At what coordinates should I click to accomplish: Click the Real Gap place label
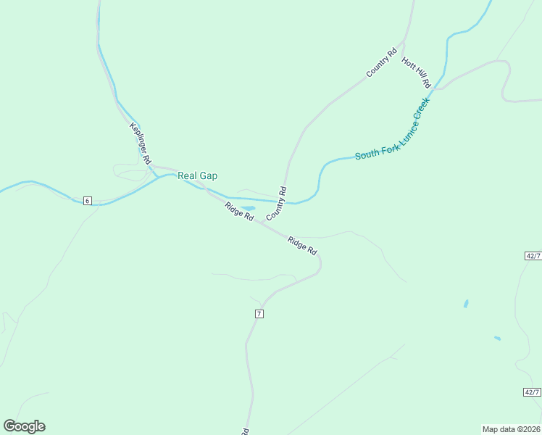click(x=198, y=175)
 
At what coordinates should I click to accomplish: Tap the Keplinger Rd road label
click(x=140, y=142)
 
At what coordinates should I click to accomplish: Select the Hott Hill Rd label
click(x=416, y=72)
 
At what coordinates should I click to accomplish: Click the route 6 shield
click(x=88, y=200)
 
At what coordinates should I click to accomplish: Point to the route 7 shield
click(x=258, y=313)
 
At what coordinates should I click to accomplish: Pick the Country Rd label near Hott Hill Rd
click(x=382, y=62)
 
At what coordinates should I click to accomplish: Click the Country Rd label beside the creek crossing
click(x=277, y=204)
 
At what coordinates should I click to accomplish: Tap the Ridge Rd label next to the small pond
click(x=239, y=212)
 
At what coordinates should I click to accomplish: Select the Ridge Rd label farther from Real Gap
click(x=302, y=245)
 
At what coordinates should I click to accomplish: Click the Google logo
click(x=24, y=426)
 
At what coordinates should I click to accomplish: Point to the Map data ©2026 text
click(x=511, y=428)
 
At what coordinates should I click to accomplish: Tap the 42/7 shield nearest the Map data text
click(x=533, y=392)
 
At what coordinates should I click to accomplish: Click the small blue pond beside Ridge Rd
click(x=247, y=207)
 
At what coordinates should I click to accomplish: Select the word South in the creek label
click(x=365, y=155)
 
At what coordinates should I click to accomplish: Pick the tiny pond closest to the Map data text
click(x=497, y=338)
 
